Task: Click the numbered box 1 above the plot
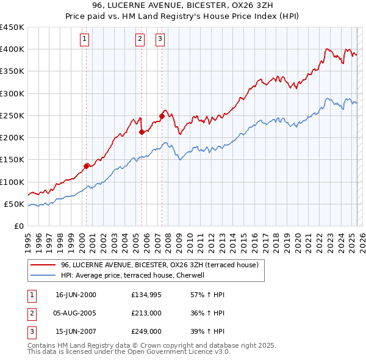pos(84,40)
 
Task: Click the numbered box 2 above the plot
pos(140,40)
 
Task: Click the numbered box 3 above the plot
pos(160,40)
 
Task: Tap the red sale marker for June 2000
pos(86,165)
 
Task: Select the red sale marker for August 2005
pos(142,131)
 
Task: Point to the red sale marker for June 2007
pos(162,115)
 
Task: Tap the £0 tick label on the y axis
pos(19,226)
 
